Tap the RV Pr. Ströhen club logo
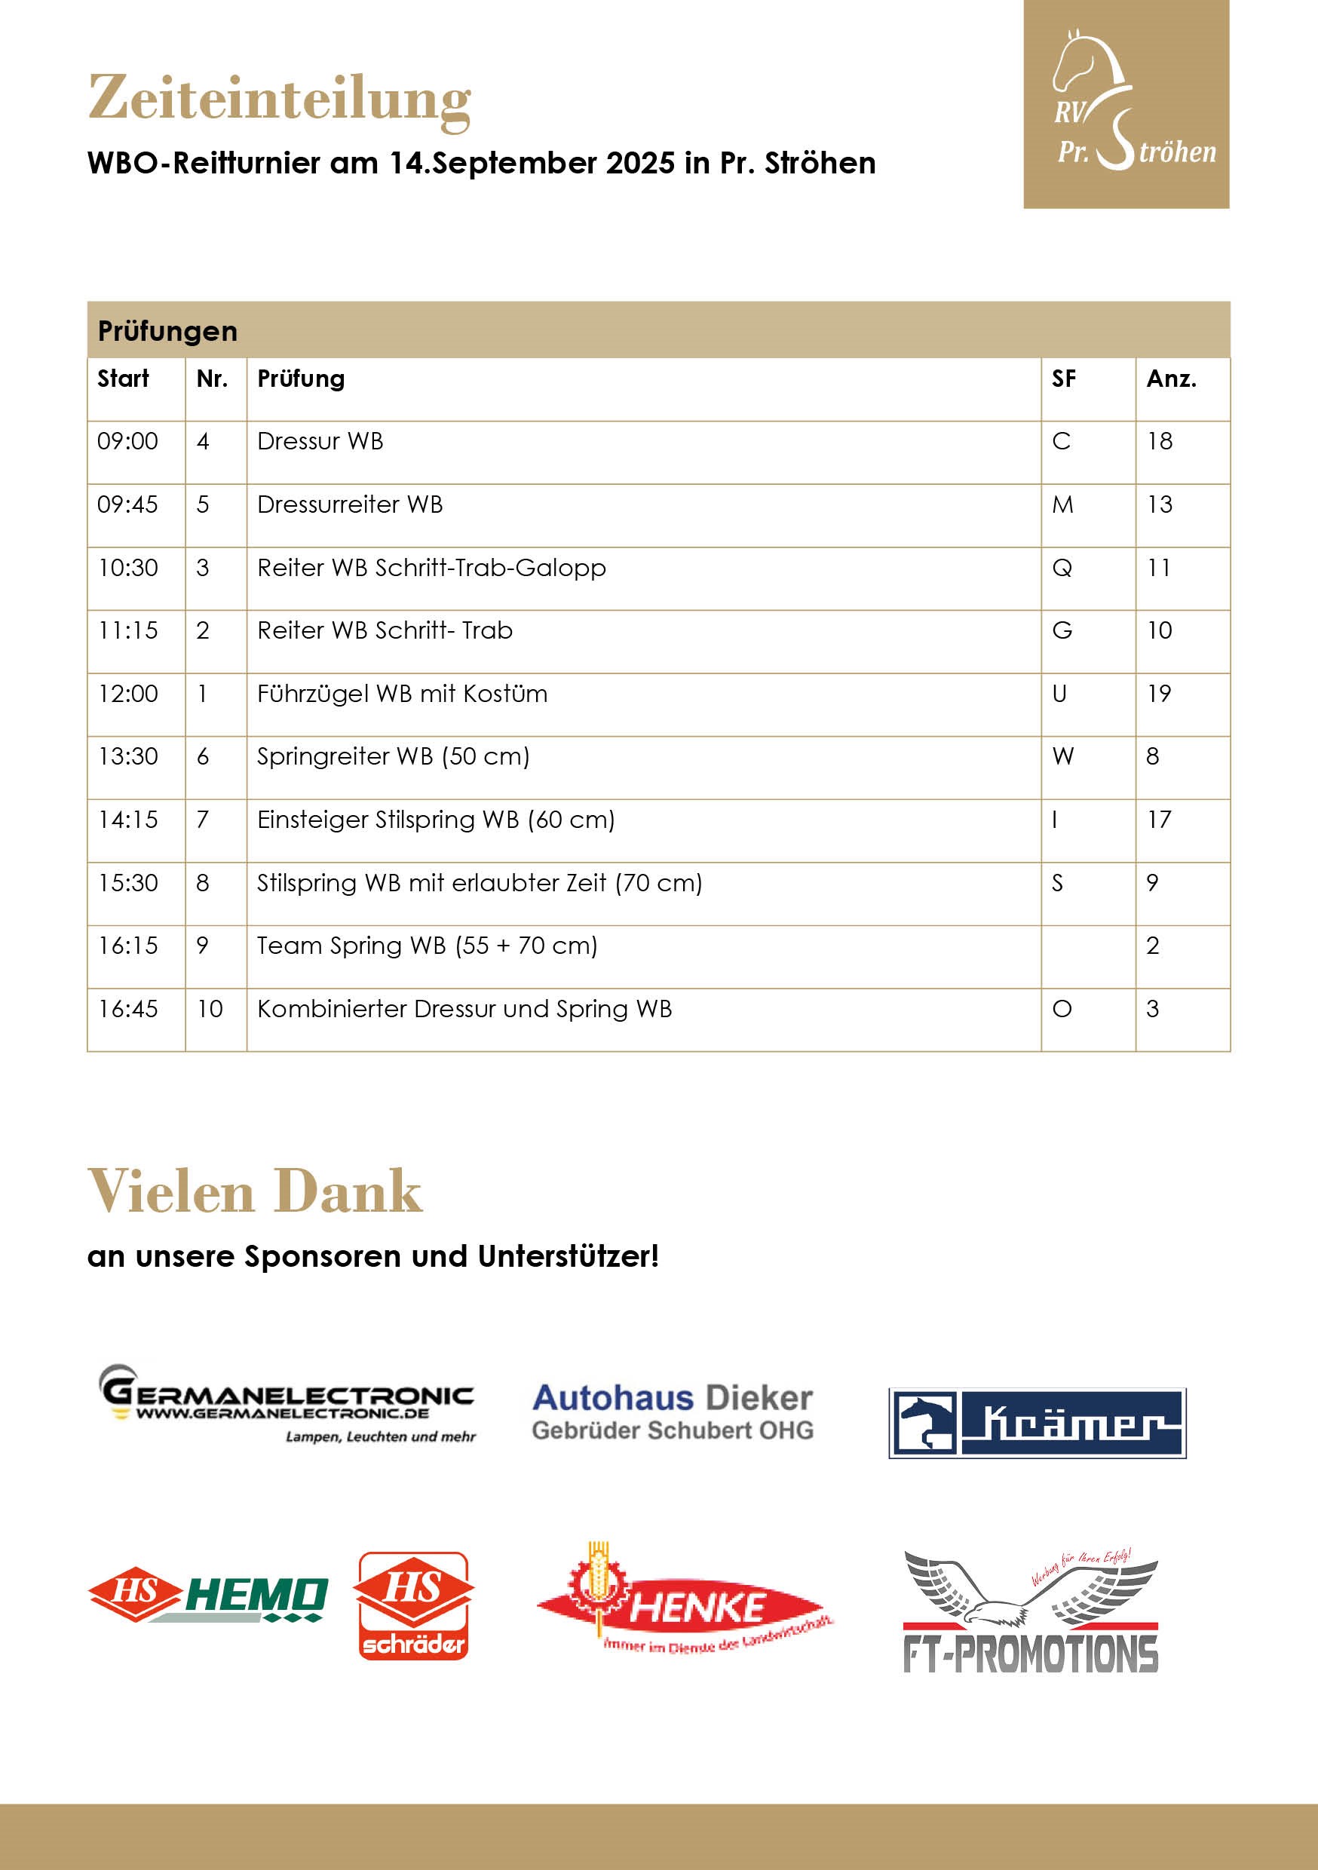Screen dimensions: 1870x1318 coord(1126,104)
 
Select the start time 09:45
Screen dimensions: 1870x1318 coord(128,505)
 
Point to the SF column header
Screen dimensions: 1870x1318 coord(1063,379)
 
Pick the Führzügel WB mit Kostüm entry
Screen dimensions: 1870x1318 coord(403,694)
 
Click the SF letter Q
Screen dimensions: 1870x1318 coord(1062,568)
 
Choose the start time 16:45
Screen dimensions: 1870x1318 coord(128,1009)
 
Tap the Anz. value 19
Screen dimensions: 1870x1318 coord(1158,694)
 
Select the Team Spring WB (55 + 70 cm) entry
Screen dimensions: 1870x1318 coord(427,946)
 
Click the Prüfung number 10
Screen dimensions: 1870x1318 coord(210,1009)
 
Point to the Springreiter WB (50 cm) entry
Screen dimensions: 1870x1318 coord(394,756)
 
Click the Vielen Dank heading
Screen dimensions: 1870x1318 coord(255,1191)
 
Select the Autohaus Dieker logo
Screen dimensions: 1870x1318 coord(672,1412)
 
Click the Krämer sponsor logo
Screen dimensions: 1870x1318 coord(1037,1423)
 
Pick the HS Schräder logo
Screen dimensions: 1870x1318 coord(414,1605)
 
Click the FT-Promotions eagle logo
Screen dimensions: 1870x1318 coord(1031,1612)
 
